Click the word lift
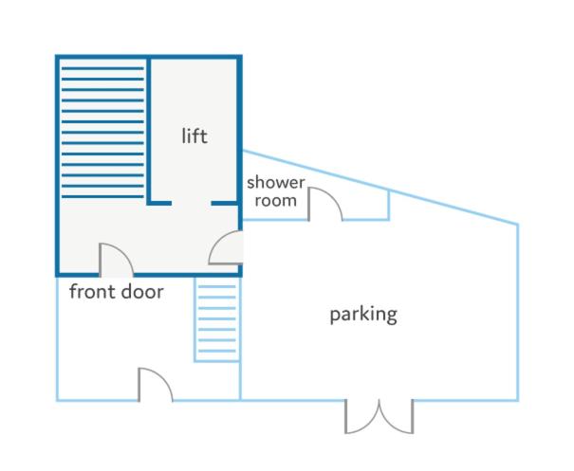coord(194,136)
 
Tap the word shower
coord(276,182)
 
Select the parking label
coord(363,315)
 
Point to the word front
coord(92,292)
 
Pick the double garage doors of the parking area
coord(379,417)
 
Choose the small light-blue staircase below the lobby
coord(217,319)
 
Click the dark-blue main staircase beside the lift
coord(102,133)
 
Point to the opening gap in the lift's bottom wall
coord(192,203)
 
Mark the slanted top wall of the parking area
coord(380,187)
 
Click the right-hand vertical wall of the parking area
coord(517,312)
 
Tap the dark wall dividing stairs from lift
coord(149,130)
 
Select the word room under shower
coord(276,200)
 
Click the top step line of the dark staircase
coord(102,68)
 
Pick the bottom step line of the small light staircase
coord(217,351)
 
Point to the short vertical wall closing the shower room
coord(389,205)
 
